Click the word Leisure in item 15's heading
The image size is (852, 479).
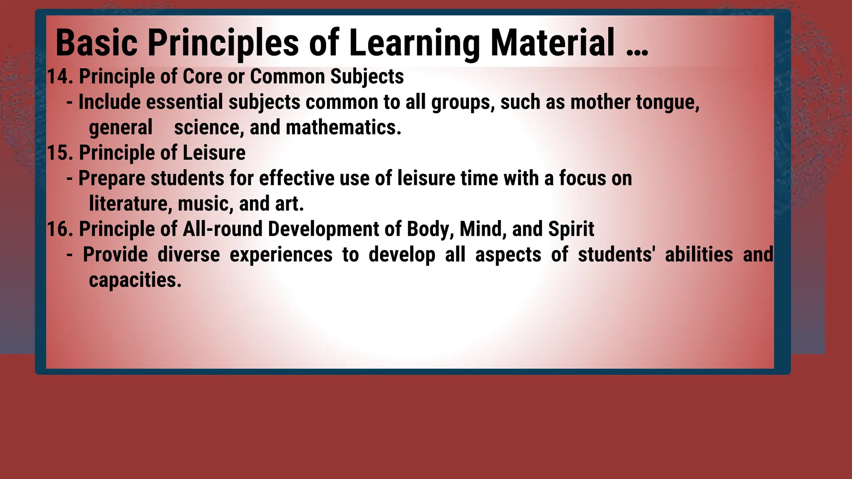(214, 153)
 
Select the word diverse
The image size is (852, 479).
(188, 254)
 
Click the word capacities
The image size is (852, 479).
(135, 280)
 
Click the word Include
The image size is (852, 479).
(109, 102)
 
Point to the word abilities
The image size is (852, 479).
(699, 254)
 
